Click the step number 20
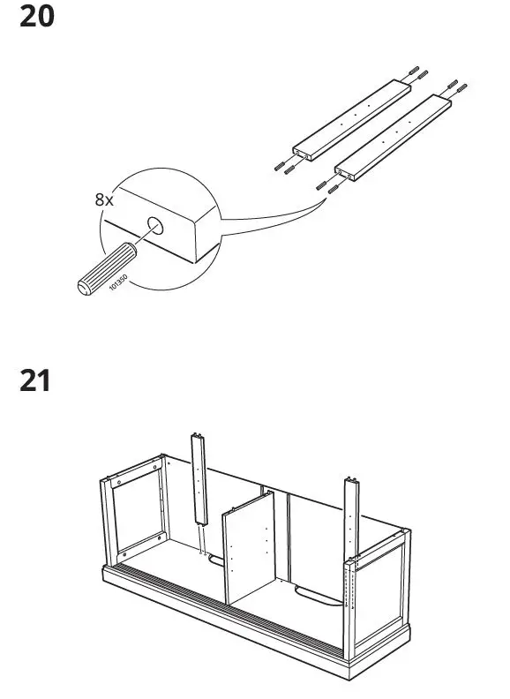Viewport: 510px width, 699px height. (x=36, y=17)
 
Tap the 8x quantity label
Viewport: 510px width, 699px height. (x=104, y=199)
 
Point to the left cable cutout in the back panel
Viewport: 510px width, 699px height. (x=214, y=558)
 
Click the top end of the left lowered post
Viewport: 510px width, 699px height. (x=198, y=438)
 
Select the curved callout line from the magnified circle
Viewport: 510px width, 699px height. (x=265, y=212)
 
